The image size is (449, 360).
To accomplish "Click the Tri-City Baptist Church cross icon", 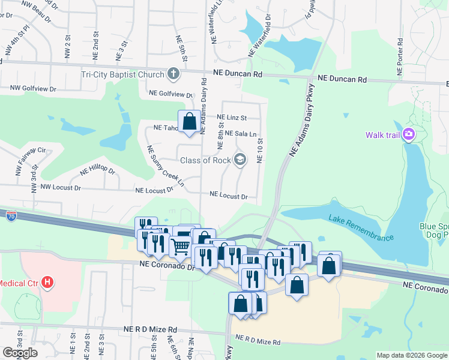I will (x=173, y=74).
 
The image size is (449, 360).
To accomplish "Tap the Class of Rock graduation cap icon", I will (x=240, y=159).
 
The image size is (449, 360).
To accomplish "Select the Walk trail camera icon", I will (x=409, y=134).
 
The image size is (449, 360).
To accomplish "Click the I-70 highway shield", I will (x=11, y=214).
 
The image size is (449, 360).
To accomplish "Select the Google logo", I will (x=20, y=352).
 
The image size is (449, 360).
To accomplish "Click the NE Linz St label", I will (x=232, y=118).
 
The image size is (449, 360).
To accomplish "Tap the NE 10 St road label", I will (x=261, y=150).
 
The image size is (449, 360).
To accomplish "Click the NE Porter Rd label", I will (x=400, y=58).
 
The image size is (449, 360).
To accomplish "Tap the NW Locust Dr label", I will (x=60, y=187).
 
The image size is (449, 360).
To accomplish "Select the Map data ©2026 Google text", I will (x=411, y=355).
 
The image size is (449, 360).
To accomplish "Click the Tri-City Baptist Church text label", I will (x=123, y=75).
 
